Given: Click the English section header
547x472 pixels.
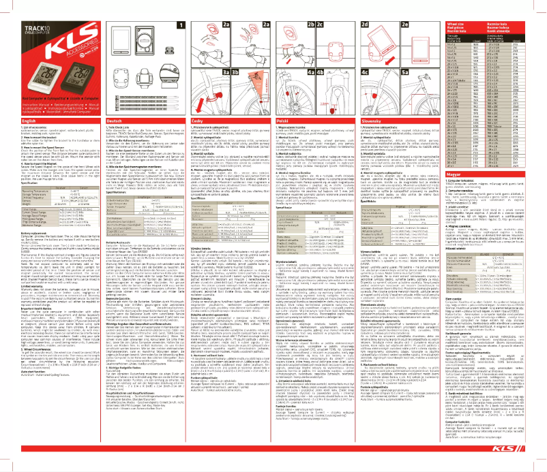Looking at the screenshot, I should click(x=14, y=120).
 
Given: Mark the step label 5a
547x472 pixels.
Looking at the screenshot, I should click(x=406, y=71).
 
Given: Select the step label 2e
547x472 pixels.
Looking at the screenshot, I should click(x=406, y=24).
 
